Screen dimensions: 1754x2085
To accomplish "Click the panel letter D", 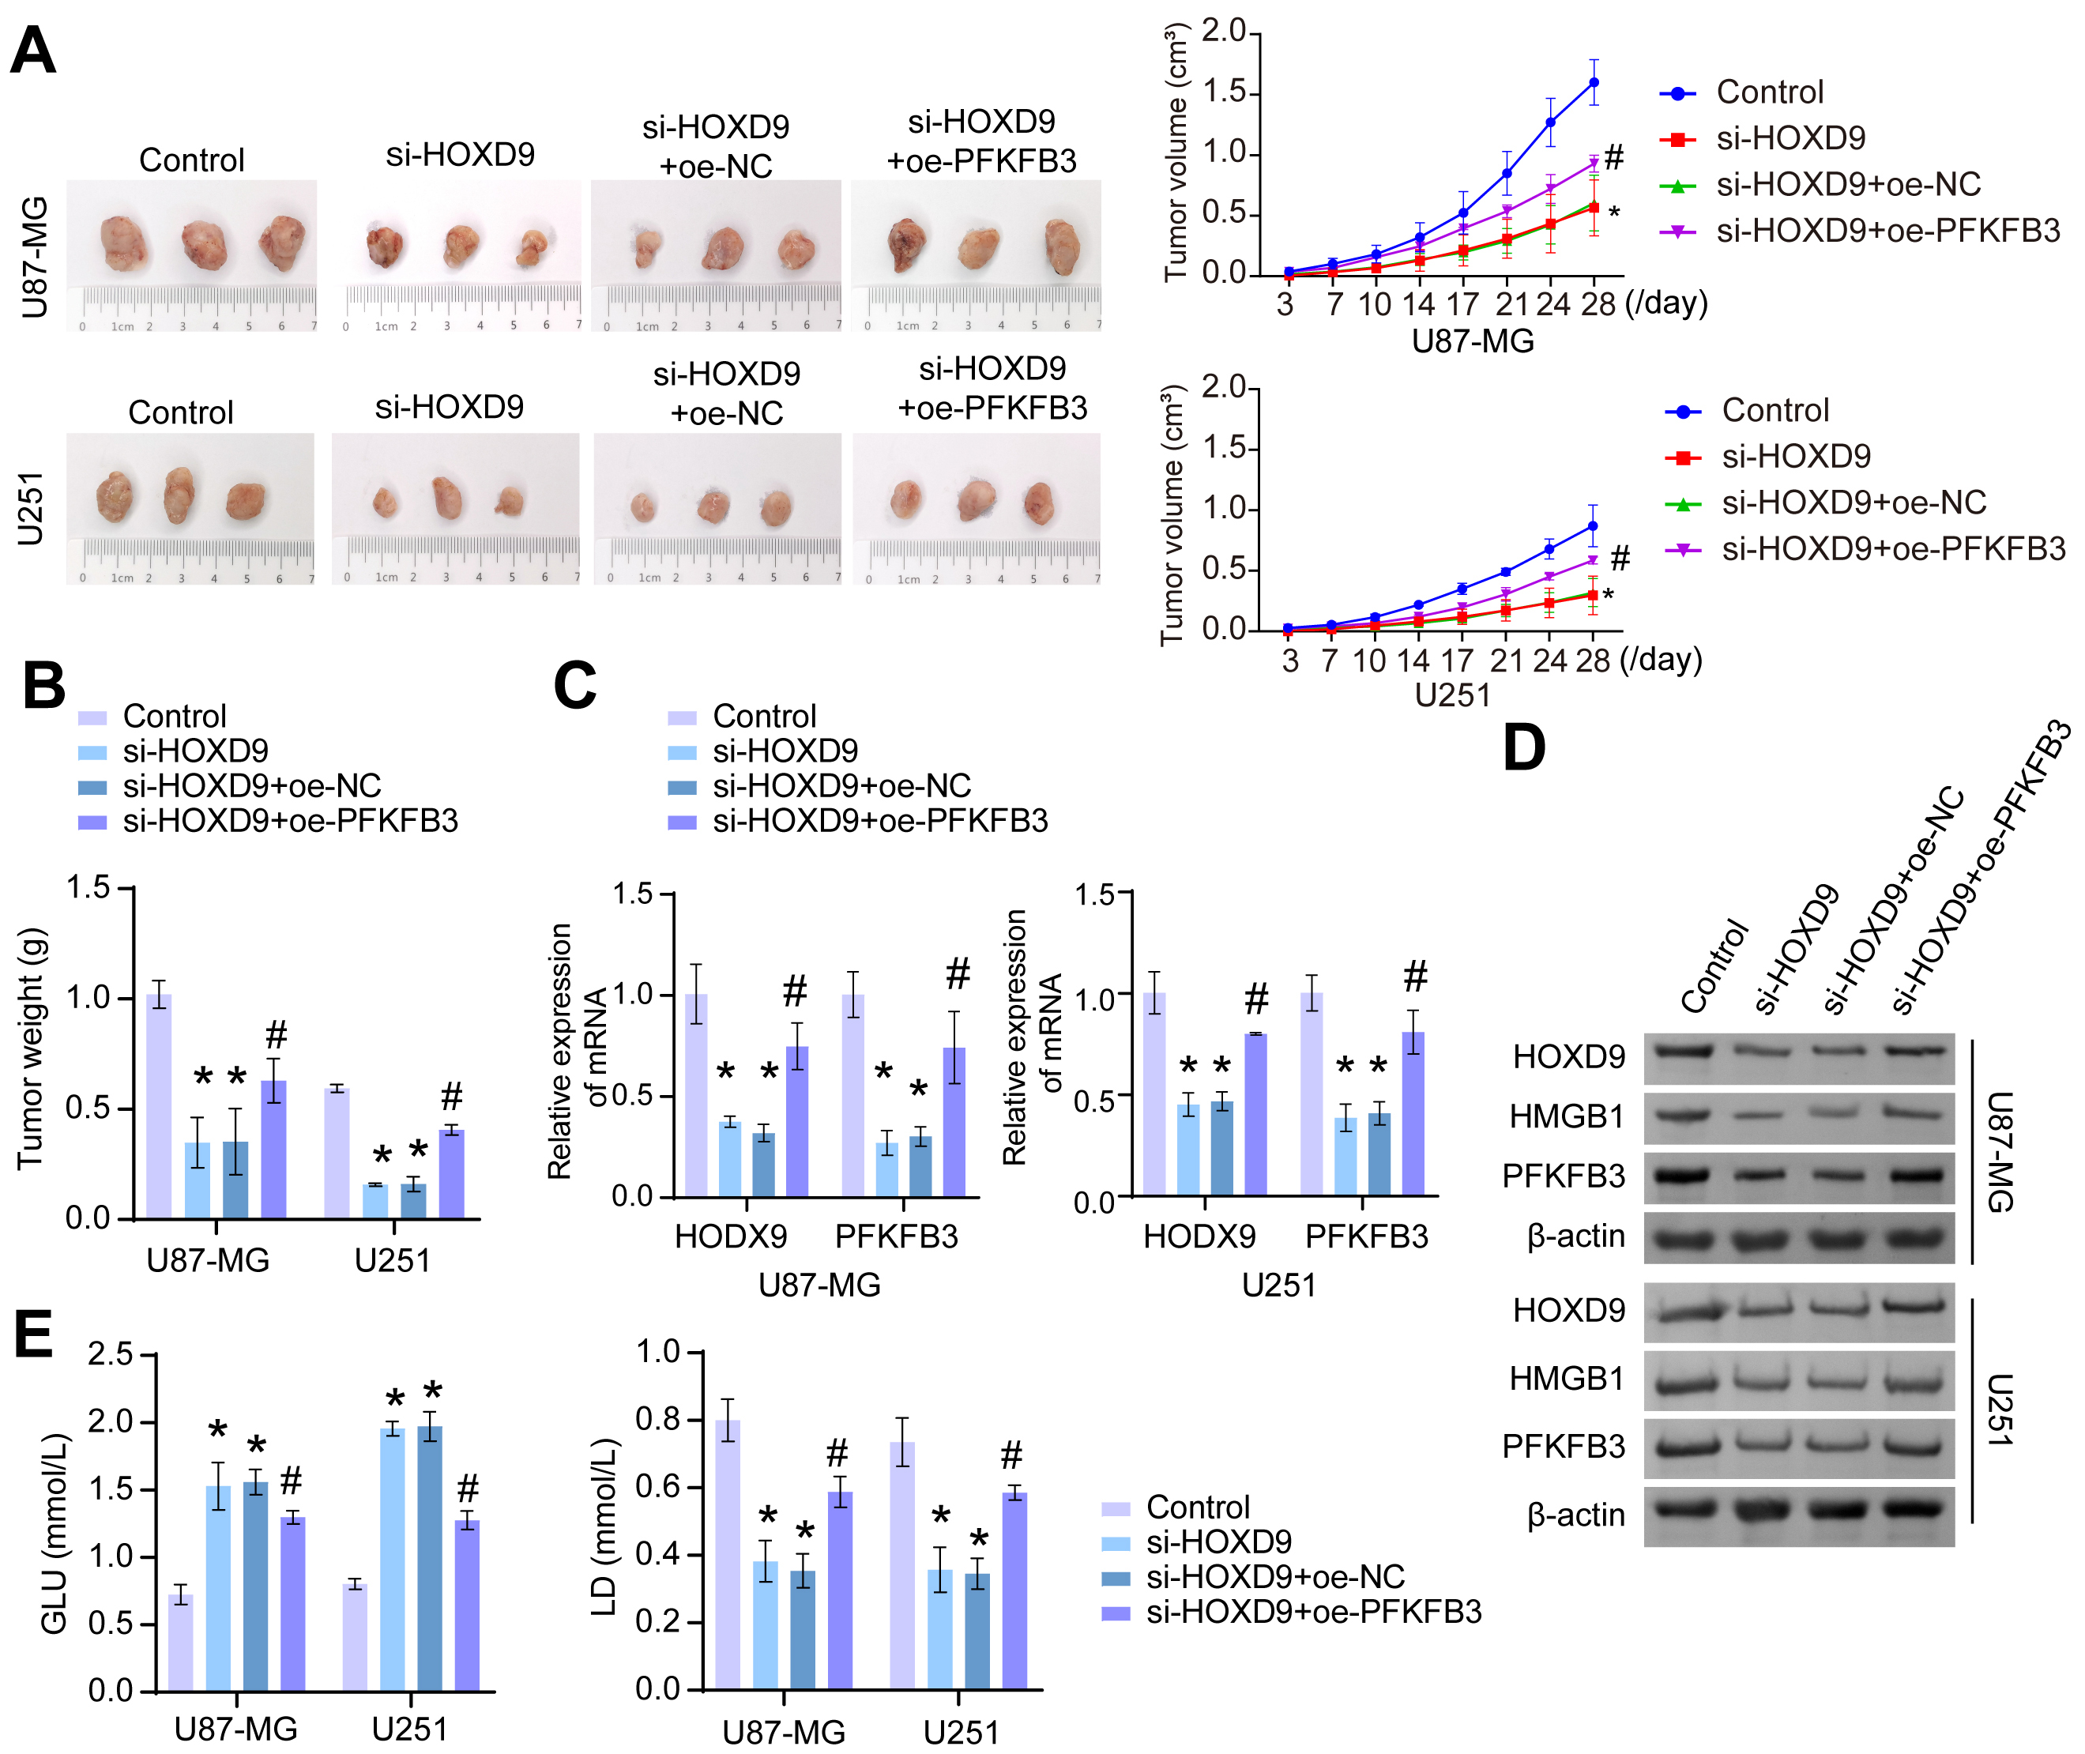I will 1523,747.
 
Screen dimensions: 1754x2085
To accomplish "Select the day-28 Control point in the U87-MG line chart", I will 1593,82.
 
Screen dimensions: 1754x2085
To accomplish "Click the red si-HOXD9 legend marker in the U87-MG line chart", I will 1677,139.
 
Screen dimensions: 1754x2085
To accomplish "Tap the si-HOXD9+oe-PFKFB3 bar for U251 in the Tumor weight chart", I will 451,1173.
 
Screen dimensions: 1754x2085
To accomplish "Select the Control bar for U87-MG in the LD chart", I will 728,1554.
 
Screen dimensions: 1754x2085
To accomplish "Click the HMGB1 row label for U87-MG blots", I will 1566,1116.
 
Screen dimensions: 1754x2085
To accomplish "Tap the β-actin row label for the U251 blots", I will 1575,1515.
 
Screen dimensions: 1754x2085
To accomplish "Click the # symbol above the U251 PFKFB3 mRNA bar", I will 1415,977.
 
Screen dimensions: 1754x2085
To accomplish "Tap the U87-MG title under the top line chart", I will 1473,342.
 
